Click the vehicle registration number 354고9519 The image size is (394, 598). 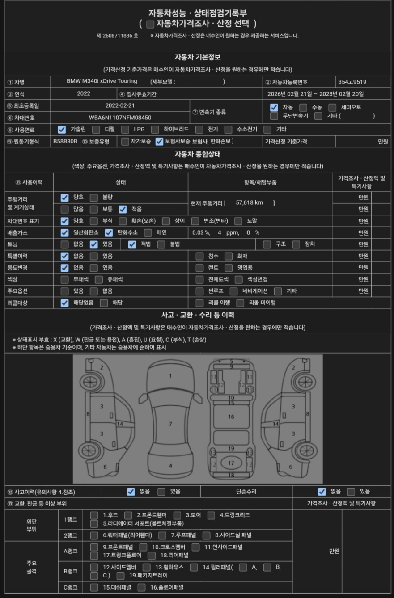click(x=352, y=82)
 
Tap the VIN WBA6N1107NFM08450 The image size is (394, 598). click(x=120, y=118)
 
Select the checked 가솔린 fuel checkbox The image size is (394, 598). click(x=62, y=130)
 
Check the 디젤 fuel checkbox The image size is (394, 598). click(x=96, y=130)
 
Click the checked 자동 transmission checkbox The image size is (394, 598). click(x=274, y=107)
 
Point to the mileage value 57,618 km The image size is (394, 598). click(x=249, y=202)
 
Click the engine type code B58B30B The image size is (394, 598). click(x=65, y=141)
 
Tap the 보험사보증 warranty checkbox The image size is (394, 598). click(x=159, y=142)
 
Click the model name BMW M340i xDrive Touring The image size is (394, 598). click(x=102, y=81)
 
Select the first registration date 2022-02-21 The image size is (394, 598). click(x=120, y=105)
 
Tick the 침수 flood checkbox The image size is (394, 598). click(x=199, y=256)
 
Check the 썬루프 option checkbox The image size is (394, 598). click(x=199, y=291)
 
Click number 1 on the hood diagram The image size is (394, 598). click(x=170, y=376)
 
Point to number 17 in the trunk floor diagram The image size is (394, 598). click(x=231, y=463)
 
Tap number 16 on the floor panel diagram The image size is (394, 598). click(x=231, y=417)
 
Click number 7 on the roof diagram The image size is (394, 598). click(x=170, y=424)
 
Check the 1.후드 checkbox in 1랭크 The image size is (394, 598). click(x=94, y=515)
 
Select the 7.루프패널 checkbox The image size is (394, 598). click(x=162, y=535)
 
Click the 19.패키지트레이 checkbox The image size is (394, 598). click(x=120, y=576)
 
